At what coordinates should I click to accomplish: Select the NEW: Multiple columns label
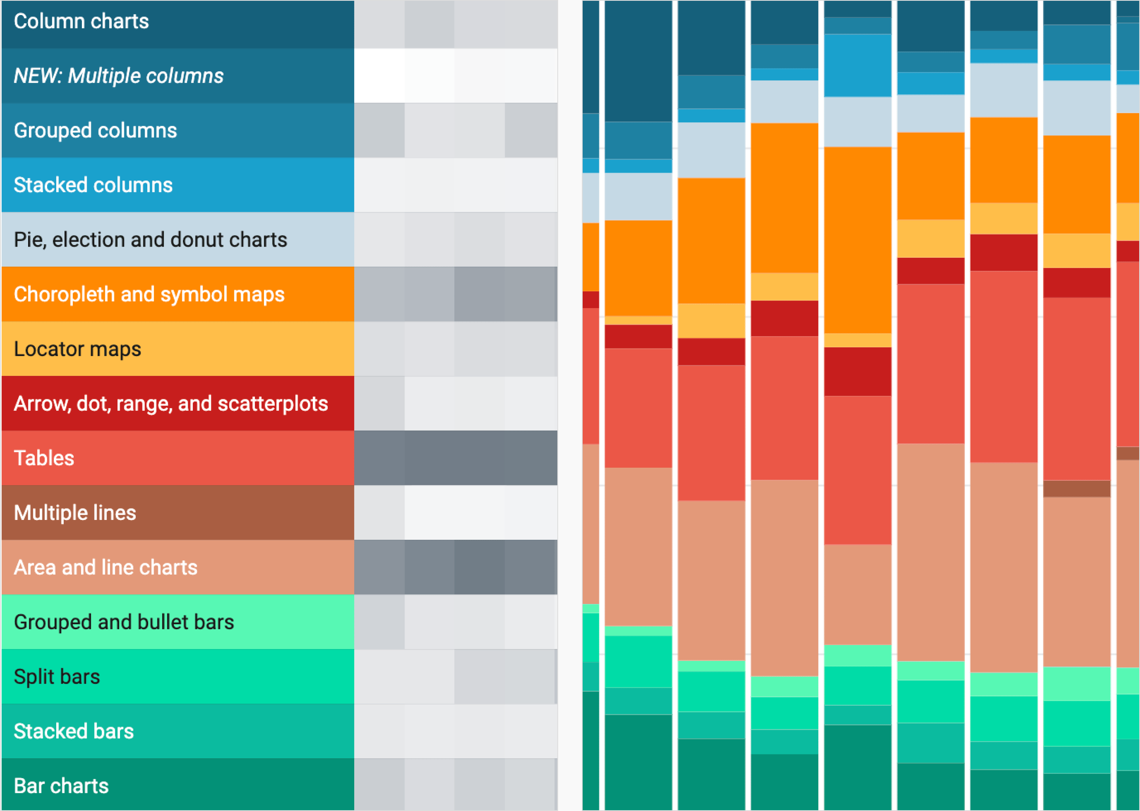tap(118, 76)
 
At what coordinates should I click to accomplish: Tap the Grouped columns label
tap(95, 130)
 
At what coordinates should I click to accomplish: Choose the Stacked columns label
tap(93, 185)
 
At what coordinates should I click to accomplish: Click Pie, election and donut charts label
tap(150, 240)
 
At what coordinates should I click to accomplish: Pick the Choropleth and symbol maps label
tap(149, 294)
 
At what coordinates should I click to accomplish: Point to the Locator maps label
tap(77, 349)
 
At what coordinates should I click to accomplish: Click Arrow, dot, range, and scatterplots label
tap(171, 404)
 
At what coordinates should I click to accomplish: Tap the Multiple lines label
tap(75, 513)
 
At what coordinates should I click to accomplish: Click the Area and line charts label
tap(105, 568)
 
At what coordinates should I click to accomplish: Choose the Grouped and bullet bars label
tap(124, 622)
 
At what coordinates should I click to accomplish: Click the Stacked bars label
tap(73, 731)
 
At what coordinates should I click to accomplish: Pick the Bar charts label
tap(61, 786)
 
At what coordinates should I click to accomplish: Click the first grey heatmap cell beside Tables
tap(379, 458)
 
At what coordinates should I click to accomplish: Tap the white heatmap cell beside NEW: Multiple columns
tap(379, 76)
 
